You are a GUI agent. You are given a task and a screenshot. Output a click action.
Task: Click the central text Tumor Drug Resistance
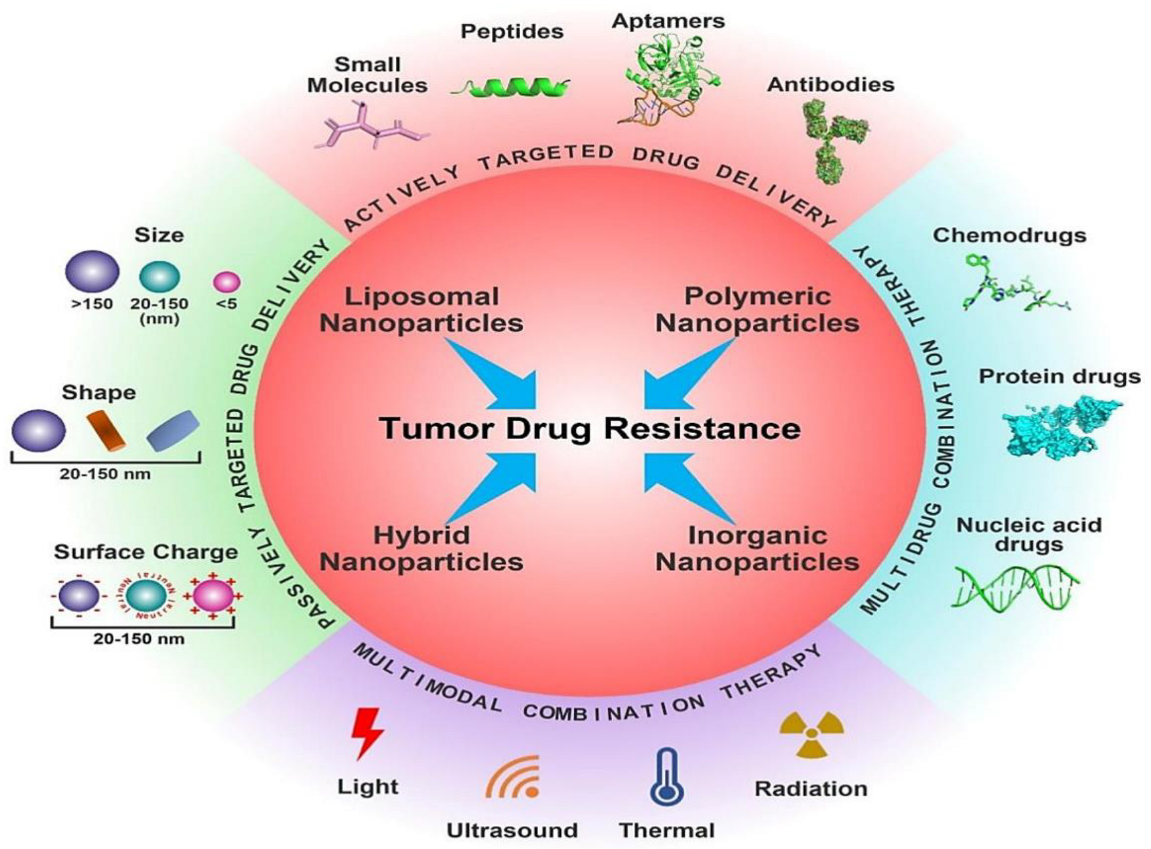point(591,428)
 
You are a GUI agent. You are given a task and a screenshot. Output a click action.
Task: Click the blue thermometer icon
point(667,777)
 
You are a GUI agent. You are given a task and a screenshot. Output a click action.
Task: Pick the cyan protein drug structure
point(1060,427)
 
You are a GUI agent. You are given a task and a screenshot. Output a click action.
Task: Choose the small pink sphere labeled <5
point(227,282)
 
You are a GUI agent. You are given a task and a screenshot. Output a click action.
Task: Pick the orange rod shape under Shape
point(109,431)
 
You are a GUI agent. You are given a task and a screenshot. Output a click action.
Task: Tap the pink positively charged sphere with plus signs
point(213,596)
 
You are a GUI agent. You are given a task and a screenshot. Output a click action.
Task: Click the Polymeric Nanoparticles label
point(757,310)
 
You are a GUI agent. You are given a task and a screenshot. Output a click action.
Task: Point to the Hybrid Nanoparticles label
point(421,549)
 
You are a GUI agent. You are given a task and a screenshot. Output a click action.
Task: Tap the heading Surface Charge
point(146,552)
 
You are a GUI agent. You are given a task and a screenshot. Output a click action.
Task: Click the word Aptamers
point(668,21)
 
